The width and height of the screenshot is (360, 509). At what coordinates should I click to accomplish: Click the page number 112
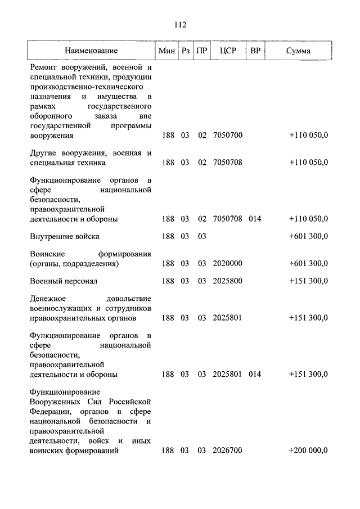[x=180, y=25]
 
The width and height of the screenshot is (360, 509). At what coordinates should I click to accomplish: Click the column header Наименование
[x=91, y=51]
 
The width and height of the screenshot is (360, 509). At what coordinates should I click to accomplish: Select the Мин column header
[x=167, y=51]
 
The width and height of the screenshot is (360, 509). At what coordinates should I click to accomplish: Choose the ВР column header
[x=255, y=51]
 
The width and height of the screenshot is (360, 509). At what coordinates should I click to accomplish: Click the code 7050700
[x=228, y=136]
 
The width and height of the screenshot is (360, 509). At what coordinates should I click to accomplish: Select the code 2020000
[x=228, y=263]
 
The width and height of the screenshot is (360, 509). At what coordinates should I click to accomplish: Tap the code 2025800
[x=228, y=280]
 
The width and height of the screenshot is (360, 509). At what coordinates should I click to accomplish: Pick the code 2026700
[x=228, y=451]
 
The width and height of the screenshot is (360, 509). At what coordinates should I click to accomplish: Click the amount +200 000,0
[x=308, y=451]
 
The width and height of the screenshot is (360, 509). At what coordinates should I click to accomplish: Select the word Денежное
[x=48, y=298]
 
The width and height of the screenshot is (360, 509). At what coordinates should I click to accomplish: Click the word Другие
[x=43, y=153]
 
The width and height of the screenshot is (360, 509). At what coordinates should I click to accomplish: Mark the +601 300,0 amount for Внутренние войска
[x=308, y=236]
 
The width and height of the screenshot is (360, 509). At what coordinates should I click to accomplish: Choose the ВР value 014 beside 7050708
[x=255, y=219]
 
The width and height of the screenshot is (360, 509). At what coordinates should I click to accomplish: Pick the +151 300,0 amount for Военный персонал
[x=308, y=280]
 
